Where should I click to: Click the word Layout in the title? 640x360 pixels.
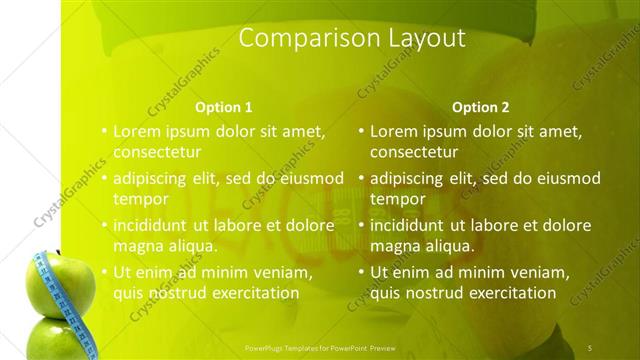coord(421,39)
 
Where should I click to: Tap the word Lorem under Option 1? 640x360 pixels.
coord(136,131)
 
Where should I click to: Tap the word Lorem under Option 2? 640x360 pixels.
coord(393,131)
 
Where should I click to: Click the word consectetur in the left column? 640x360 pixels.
coord(157,153)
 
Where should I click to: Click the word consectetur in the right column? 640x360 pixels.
coord(414,153)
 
